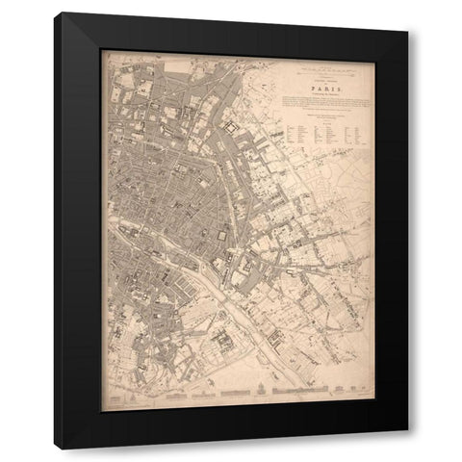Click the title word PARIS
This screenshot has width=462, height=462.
point(318,85)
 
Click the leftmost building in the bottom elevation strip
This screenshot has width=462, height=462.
point(115,396)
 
